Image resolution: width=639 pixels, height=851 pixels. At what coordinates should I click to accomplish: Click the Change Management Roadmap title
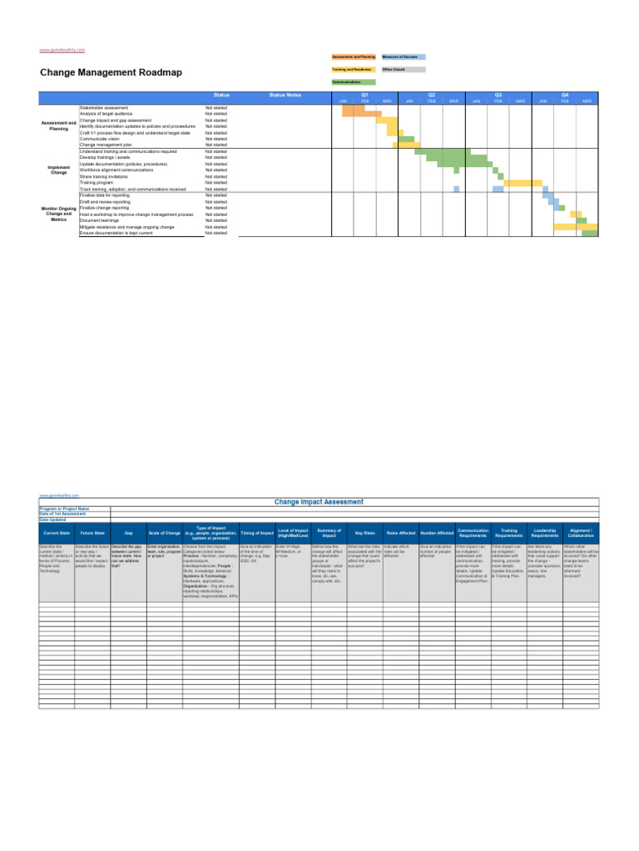[x=111, y=72]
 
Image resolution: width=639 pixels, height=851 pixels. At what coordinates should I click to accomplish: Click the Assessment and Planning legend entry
[x=354, y=57]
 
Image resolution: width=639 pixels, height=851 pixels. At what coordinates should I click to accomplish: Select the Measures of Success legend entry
[x=403, y=57]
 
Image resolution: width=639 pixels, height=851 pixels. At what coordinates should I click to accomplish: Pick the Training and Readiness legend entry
[x=354, y=70]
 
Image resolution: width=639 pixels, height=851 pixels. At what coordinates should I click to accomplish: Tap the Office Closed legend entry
[x=403, y=70]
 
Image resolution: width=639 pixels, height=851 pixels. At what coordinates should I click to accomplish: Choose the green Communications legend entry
[x=354, y=83]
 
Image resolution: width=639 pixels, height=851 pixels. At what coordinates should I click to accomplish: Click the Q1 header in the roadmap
[x=364, y=96]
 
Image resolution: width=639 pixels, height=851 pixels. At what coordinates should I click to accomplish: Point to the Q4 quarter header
[x=565, y=96]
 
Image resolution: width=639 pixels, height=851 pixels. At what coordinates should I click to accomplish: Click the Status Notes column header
[x=285, y=96]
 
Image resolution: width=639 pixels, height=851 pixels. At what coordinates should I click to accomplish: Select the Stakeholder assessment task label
[x=104, y=108]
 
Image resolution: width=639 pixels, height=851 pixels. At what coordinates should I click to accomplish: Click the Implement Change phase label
[x=59, y=170]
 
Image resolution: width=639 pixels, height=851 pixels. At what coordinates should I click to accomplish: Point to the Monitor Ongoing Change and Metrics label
[x=59, y=214]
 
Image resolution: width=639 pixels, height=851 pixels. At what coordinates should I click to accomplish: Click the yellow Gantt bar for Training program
[x=523, y=183]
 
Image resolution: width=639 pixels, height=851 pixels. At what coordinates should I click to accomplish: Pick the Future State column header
[x=92, y=533]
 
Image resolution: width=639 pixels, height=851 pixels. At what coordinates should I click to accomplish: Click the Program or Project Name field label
[x=63, y=509]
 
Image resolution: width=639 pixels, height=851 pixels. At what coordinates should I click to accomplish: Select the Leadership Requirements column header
[x=544, y=533]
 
